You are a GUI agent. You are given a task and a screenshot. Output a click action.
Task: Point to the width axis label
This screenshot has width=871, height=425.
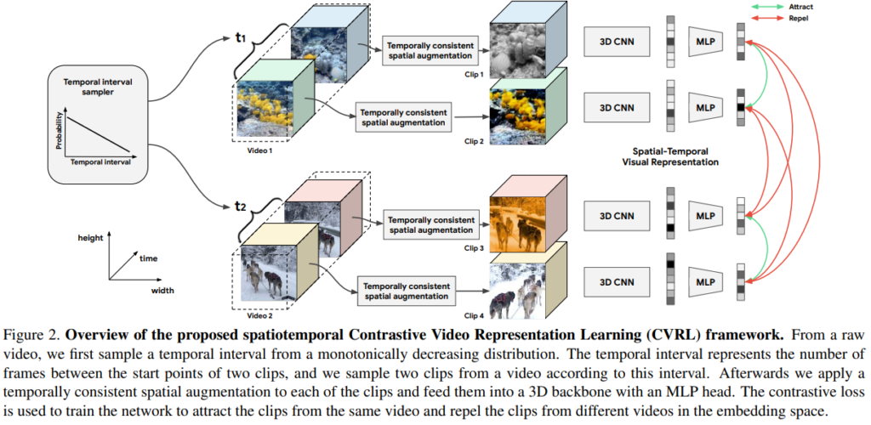tap(164, 291)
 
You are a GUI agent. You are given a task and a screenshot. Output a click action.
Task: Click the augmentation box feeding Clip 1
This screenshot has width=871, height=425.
tap(430, 50)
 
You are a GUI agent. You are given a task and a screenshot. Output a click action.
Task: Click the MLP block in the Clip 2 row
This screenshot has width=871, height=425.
tap(704, 108)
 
